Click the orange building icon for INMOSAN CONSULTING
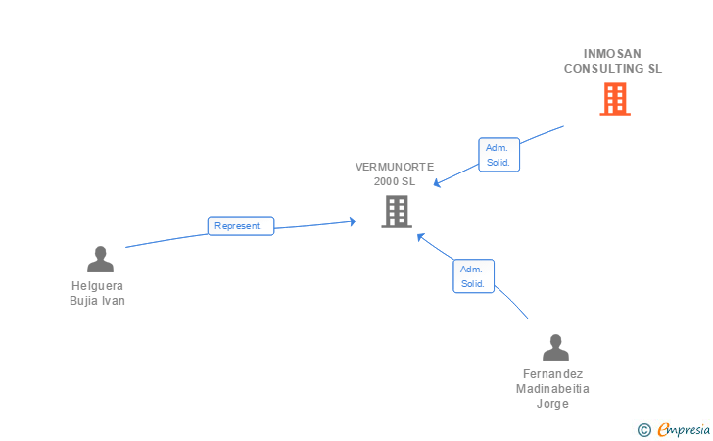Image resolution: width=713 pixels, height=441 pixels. coord(615,99)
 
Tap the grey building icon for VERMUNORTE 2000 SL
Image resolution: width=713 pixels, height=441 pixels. coord(397,212)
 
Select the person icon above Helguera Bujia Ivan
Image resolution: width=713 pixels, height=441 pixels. coord(100,260)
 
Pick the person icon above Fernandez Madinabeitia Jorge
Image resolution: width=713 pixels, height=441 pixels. coord(555,348)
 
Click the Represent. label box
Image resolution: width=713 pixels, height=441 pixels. coord(241,225)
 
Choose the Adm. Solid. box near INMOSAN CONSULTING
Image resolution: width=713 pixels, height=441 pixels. coord(499,155)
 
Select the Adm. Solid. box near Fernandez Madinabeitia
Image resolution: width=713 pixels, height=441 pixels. coord(473,276)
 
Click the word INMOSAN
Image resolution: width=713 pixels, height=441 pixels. coord(612,54)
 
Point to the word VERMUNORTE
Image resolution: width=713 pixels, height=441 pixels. coord(395,167)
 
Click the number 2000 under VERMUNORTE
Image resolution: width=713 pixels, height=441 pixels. coord(386,181)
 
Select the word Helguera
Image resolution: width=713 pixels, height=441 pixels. coord(97,286)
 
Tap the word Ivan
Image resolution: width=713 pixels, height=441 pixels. coord(114,301)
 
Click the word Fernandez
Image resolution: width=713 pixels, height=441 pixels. coord(553,374)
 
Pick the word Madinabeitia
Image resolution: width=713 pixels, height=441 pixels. coord(552,389)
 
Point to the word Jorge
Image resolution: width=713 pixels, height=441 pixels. coord(552,404)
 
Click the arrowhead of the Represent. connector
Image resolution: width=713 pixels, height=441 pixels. coord(353,221)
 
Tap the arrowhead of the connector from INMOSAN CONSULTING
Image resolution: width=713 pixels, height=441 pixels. coord(437,183)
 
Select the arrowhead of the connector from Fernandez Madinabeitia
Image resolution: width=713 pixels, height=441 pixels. coord(420,236)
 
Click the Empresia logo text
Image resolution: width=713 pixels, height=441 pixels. coord(684,430)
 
